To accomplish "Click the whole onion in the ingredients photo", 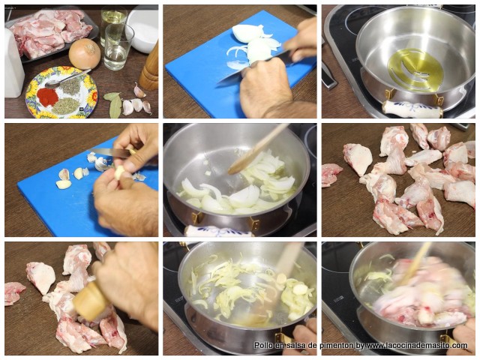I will point(84,53).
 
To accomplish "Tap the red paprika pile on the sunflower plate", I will point(48,97).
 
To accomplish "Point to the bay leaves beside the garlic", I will point(113,103).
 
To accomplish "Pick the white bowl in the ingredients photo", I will point(142,28).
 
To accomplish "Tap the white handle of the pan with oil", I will point(412,109).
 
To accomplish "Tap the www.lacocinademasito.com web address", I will point(416,346).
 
